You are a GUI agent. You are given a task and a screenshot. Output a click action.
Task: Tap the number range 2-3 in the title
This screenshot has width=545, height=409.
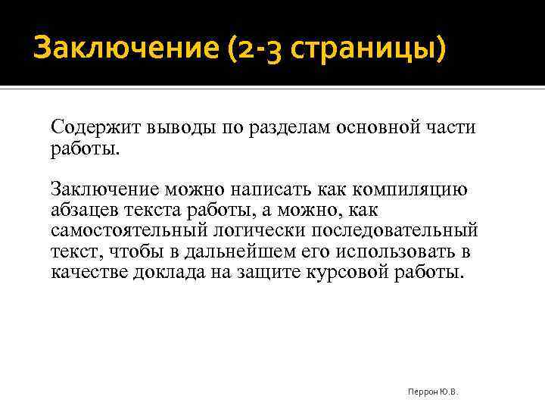247,51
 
